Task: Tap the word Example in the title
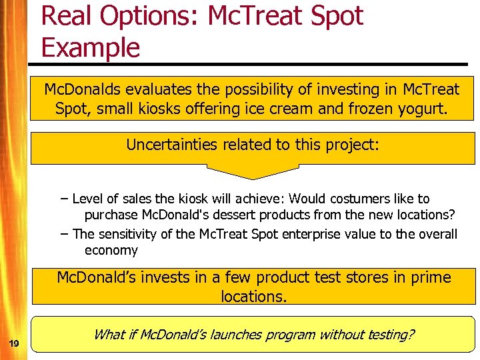pos(91,48)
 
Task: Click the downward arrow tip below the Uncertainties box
pos(252,177)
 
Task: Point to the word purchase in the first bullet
pos(111,215)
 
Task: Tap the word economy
pos(111,251)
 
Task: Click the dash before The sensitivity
pos(63,233)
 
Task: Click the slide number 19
pos(13,343)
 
